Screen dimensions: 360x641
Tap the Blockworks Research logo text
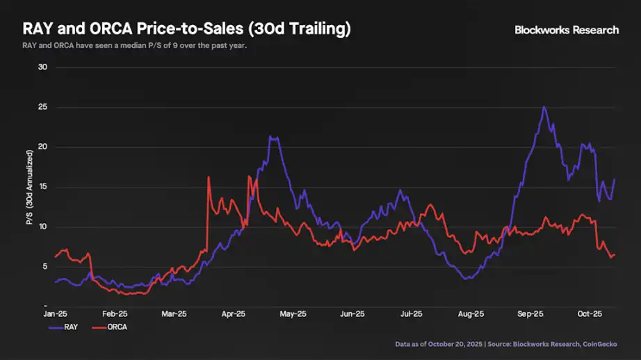pyautogui.click(x=566, y=30)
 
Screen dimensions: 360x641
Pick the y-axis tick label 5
pyautogui.click(x=43, y=266)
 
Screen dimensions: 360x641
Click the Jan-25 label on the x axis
pyautogui.click(x=56, y=313)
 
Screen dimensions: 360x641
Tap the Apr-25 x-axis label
pyautogui.click(x=234, y=313)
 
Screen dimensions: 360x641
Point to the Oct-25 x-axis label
pyautogui.click(x=590, y=313)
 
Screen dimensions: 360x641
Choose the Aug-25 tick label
pyautogui.click(x=471, y=313)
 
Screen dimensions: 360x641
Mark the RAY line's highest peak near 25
pyautogui.click(x=544, y=107)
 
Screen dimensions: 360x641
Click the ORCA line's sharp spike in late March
pyautogui.click(x=209, y=177)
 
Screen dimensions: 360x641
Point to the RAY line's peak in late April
pyautogui.click(x=273, y=138)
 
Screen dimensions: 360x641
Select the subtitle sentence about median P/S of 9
pyautogui.click(x=135, y=47)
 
